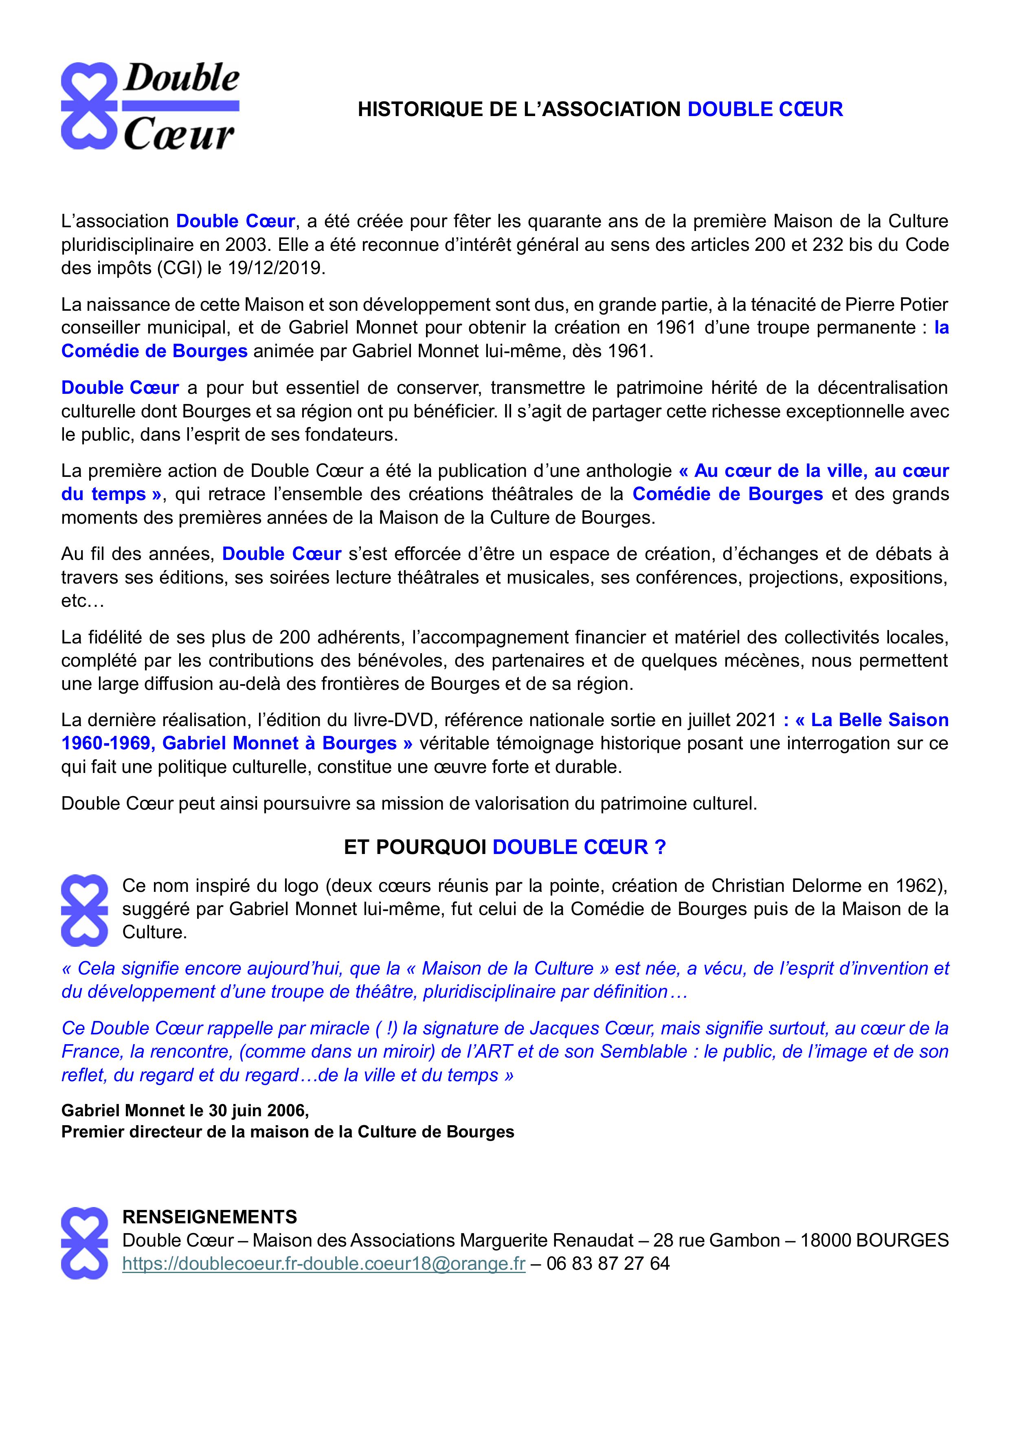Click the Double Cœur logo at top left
click(150, 106)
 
